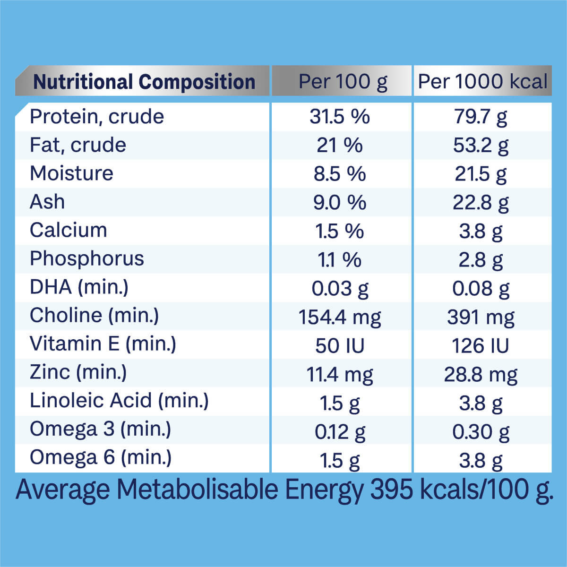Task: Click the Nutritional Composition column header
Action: point(144,82)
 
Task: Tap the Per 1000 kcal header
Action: point(482,82)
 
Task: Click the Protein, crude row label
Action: point(97,117)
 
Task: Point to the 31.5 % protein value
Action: point(340,117)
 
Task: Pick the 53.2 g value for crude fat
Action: point(481,146)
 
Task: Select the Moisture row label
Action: point(71,173)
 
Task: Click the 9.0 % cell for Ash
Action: point(340,203)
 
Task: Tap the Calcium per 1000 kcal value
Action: point(481,232)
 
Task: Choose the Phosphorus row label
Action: point(86,259)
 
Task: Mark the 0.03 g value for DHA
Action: point(340,289)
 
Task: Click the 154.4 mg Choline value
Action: point(340,317)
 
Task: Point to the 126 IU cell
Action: point(481,346)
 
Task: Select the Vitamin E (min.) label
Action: point(103,344)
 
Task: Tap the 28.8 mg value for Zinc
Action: point(481,375)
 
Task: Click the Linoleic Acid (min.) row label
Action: point(119,401)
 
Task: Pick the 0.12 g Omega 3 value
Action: point(340,432)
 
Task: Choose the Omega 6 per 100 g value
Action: point(340,460)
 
